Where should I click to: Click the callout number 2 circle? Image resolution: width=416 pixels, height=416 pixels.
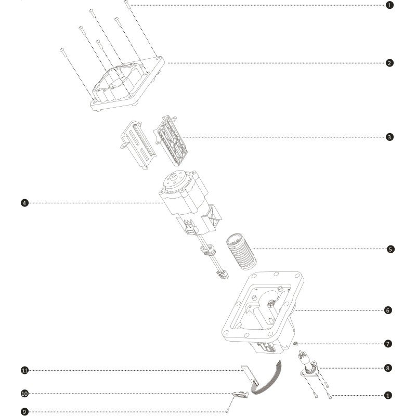(x=389, y=63)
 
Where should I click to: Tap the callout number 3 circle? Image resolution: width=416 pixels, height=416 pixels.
(x=389, y=137)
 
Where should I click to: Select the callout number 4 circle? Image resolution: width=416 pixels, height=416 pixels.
(x=24, y=203)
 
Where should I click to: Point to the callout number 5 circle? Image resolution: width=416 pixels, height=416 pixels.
(x=391, y=250)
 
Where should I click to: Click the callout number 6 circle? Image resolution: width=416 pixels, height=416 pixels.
(x=388, y=310)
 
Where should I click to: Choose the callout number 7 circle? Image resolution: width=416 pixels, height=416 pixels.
(x=388, y=344)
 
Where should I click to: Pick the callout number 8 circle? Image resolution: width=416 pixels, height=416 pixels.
(x=388, y=368)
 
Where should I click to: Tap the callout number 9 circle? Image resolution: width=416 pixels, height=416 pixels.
(x=24, y=412)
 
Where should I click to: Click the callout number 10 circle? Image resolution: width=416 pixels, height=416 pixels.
(x=24, y=394)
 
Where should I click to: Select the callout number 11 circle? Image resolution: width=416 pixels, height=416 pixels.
(x=24, y=370)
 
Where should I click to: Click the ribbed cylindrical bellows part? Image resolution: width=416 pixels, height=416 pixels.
(x=241, y=252)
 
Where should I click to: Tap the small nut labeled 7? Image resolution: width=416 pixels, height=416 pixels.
(x=295, y=344)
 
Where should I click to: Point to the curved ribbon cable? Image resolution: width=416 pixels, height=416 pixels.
(x=270, y=382)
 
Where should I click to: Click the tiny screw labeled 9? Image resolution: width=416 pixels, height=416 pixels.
(x=227, y=411)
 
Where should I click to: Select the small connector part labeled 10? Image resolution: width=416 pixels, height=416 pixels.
(x=241, y=394)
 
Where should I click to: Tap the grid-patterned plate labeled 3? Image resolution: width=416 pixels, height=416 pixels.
(x=171, y=140)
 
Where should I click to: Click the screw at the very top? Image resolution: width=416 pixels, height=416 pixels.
(x=127, y=5)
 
